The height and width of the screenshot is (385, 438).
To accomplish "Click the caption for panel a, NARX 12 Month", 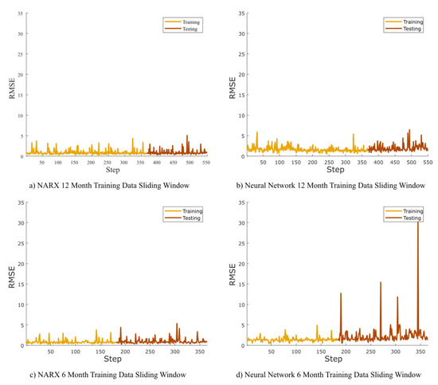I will (105, 185).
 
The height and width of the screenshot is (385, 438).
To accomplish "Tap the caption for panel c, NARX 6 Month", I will (105, 374).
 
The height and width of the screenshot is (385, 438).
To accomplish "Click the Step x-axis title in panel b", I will (336, 170).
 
